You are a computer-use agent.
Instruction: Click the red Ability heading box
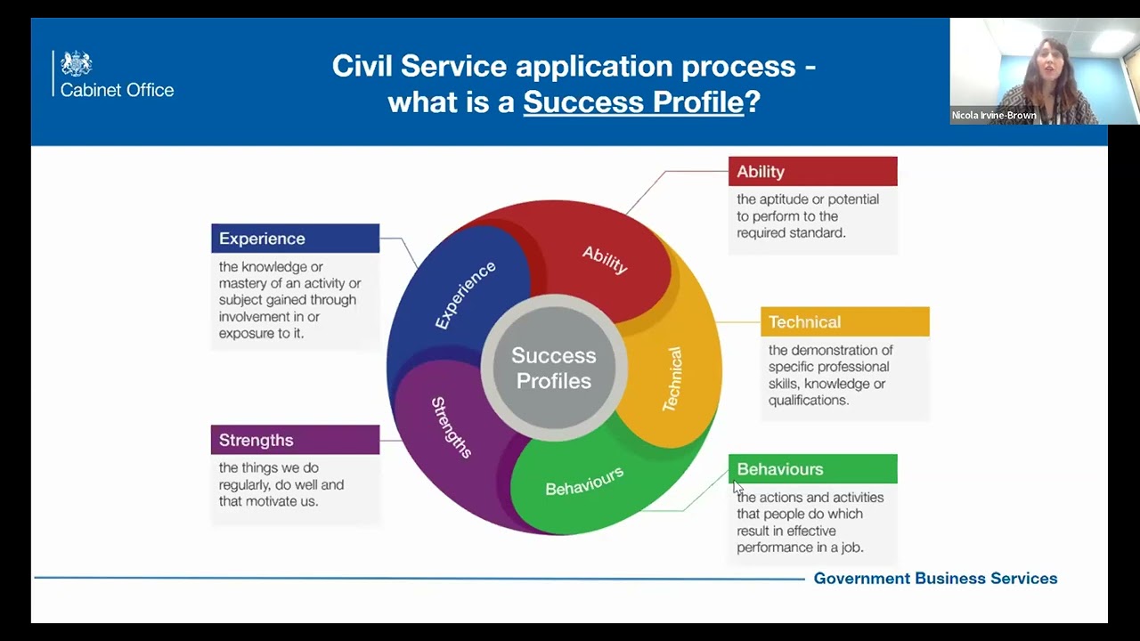tap(812, 172)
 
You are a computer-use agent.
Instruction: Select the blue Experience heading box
tap(295, 239)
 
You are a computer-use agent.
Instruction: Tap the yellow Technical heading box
tap(844, 322)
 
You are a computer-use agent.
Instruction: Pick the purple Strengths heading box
tap(295, 440)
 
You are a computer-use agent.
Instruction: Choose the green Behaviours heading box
tap(812, 469)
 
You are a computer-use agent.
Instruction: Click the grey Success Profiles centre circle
tap(553, 368)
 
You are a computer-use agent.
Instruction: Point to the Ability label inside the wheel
tap(606, 259)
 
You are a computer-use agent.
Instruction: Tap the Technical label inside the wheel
tap(672, 379)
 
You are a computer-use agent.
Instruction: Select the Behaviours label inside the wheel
tap(584, 481)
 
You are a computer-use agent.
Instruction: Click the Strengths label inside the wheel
tap(452, 427)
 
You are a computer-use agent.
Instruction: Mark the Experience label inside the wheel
tap(465, 295)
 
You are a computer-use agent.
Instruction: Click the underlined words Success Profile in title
tap(633, 101)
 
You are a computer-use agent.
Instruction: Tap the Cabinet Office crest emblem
tap(77, 64)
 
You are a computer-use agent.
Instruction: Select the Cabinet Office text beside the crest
tap(117, 90)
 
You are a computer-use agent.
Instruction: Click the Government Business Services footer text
tap(935, 579)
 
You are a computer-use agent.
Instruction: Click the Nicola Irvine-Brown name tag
tap(994, 116)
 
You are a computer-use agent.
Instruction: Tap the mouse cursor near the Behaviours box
tap(737, 488)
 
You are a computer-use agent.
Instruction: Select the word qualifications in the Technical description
tap(808, 401)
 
